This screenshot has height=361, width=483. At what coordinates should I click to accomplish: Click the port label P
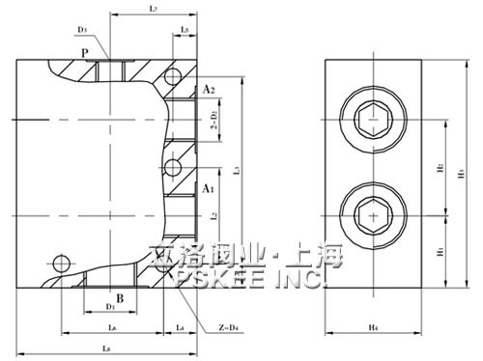click(x=85, y=52)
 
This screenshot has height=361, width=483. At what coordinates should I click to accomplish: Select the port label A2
click(x=208, y=90)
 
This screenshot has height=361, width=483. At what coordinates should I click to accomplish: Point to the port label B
click(x=120, y=298)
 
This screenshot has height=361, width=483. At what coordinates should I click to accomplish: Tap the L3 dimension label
click(x=236, y=170)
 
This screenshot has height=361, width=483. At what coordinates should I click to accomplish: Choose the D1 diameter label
click(x=110, y=308)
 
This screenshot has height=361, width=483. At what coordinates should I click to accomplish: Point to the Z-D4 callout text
click(x=227, y=330)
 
